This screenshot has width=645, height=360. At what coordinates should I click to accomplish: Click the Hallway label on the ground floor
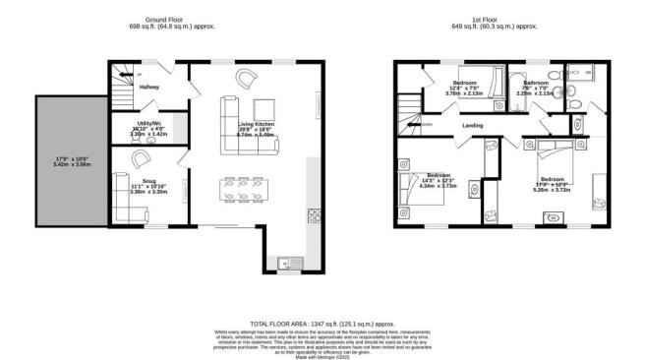[x=148, y=87]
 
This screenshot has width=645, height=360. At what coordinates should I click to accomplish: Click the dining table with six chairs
[x=241, y=189]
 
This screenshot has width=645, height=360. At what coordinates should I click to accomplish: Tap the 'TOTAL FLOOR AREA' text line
[x=322, y=323]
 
